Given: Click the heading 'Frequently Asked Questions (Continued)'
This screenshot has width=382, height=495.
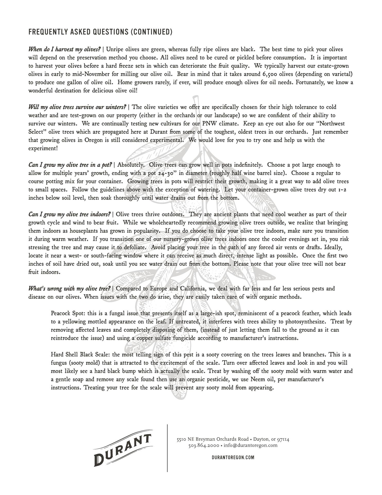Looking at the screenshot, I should (x=100, y=32).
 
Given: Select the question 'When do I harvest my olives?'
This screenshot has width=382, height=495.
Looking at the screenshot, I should (x=64, y=49).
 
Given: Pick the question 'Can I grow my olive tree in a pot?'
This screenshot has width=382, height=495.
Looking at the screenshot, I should (x=70, y=165).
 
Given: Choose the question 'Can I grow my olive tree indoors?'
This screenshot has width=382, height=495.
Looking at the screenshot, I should (x=70, y=214).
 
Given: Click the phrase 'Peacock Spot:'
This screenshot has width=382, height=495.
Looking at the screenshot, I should (x=68, y=313).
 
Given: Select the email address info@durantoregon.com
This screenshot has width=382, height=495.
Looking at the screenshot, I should (x=250, y=445).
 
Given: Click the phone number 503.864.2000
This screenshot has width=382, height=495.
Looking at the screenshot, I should (x=204, y=445).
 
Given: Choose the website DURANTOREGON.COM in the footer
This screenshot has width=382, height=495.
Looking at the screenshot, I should (x=233, y=458).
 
